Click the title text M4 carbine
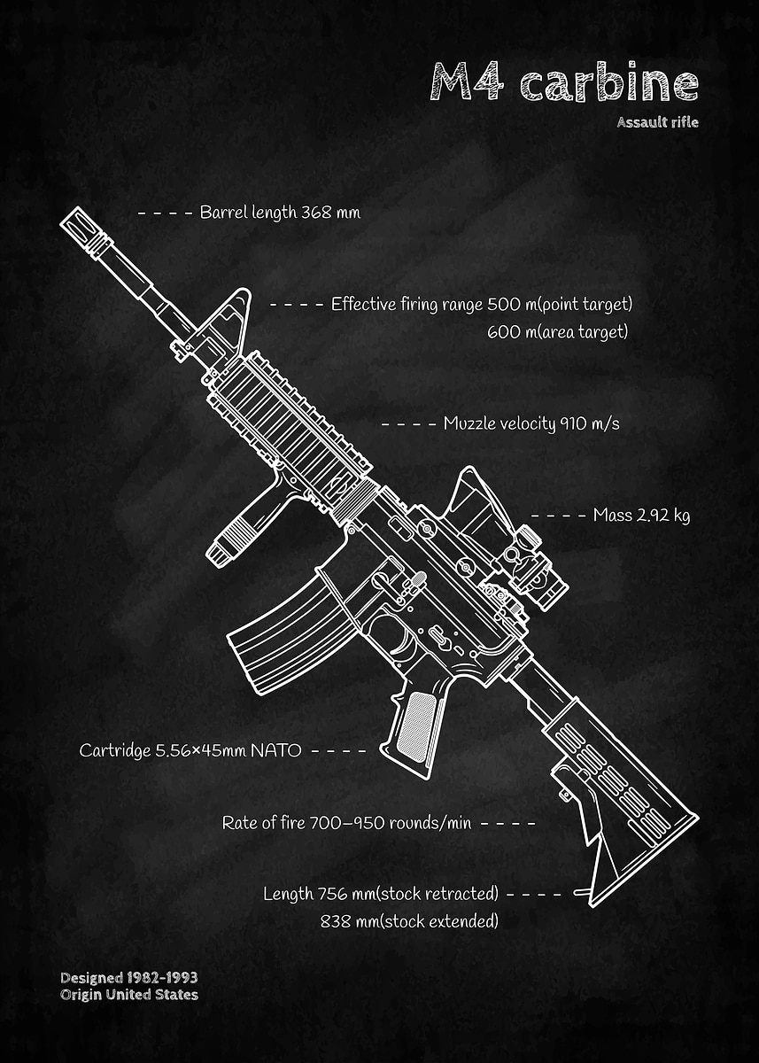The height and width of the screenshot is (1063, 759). point(564,81)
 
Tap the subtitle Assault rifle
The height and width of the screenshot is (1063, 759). point(657,122)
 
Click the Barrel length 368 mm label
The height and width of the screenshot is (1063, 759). point(280,213)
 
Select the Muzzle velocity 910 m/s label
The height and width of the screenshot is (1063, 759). point(531,423)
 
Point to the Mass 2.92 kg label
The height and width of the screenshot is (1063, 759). point(641,515)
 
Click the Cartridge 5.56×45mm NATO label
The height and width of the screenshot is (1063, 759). point(190,750)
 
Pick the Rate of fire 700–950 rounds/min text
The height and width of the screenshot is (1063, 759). point(346,823)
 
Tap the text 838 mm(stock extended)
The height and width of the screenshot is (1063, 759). point(409,921)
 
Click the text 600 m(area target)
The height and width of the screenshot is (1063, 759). point(557,332)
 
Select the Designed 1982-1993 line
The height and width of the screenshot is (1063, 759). point(129,978)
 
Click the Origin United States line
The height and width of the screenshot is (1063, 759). point(129,995)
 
